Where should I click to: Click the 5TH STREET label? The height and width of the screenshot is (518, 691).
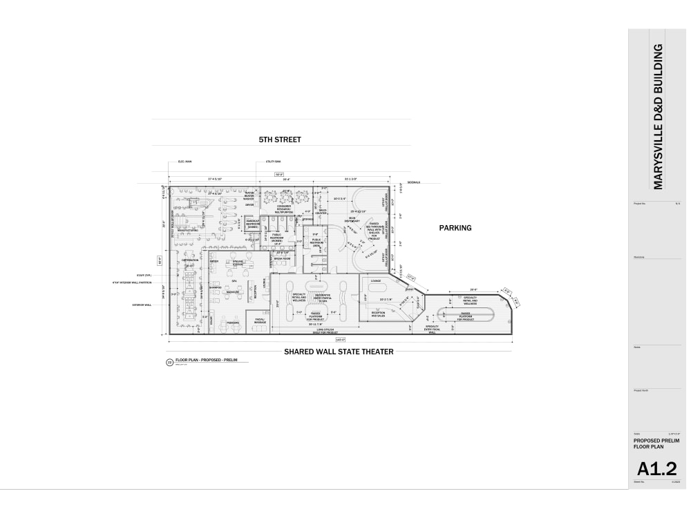(x=280, y=140)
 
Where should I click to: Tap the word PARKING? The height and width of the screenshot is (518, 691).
(x=455, y=227)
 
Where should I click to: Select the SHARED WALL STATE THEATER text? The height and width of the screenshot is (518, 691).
(x=339, y=352)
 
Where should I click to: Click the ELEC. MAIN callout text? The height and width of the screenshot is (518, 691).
(x=184, y=162)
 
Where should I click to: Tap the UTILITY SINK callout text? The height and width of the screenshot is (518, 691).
(x=272, y=162)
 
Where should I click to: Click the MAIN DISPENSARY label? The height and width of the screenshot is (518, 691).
(x=352, y=220)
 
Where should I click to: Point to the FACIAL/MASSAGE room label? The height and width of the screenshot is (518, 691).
(x=260, y=322)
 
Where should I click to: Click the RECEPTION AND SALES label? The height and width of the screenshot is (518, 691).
(x=379, y=314)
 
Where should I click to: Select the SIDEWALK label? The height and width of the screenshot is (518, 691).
(x=413, y=182)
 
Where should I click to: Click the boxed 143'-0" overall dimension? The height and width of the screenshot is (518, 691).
(x=340, y=339)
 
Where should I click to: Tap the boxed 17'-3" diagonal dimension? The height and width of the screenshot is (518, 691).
(x=413, y=278)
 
